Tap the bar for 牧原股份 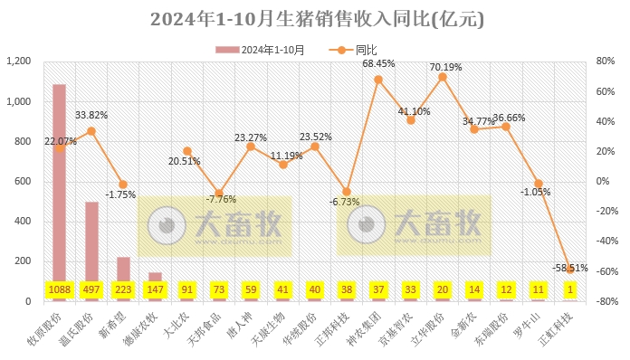point(59,181)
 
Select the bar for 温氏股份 point(91,240)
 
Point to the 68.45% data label point(379,64)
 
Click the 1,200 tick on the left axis point(19,62)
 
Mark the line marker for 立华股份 point(443,77)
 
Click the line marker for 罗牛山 point(538,184)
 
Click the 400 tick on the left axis point(22,222)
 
